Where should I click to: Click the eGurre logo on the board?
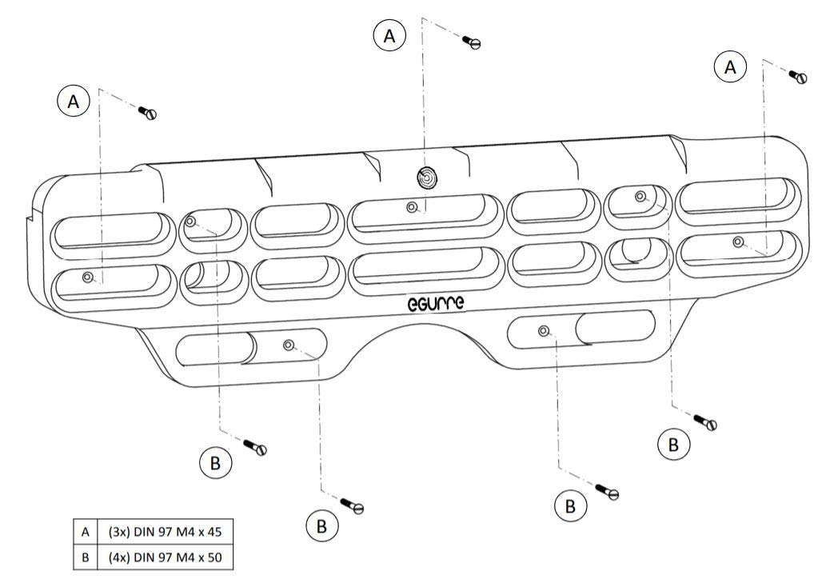[x=436, y=303]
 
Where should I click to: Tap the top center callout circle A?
[x=389, y=35]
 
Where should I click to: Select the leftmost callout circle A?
[x=74, y=101]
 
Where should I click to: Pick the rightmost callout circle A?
[x=731, y=67]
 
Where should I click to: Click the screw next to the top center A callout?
[x=471, y=42]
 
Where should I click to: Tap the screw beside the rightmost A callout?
[x=798, y=77]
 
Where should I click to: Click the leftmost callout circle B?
[x=215, y=463]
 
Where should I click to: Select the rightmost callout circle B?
[x=673, y=444]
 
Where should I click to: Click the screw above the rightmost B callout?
[x=705, y=422]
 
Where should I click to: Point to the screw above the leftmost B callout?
[x=255, y=447]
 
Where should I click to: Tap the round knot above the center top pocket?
[x=427, y=178]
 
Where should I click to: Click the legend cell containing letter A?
[x=86, y=532]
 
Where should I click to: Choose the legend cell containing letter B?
[x=86, y=557]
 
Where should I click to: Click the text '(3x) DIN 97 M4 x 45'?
[x=165, y=532]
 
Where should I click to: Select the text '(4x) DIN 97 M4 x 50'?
[x=165, y=557]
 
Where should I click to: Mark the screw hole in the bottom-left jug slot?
[x=289, y=345]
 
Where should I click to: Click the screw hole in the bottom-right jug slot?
[x=543, y=331]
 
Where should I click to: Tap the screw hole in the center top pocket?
[x=412, y=206]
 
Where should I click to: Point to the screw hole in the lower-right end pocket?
[x=738, y=242]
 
